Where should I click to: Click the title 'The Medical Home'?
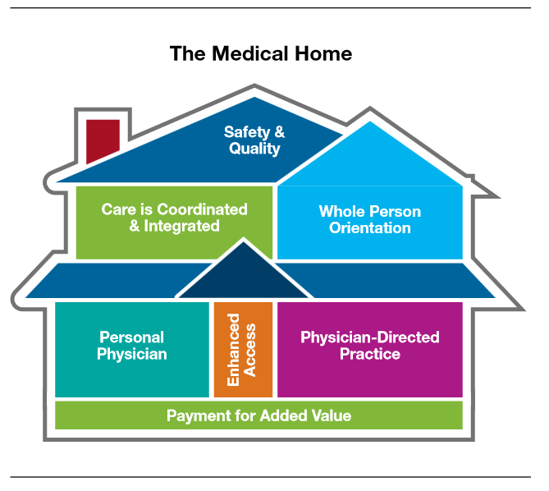click(x=260, y=54)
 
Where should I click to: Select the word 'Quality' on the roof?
click(x=254, y=149)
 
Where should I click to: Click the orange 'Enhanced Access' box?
click(x=243, y=349)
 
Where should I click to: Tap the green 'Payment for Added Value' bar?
click(x=258, y=415)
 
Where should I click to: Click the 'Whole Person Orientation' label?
click(x=369, y=219)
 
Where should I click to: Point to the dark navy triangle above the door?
click(x=243, y=276)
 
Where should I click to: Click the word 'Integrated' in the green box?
click(x=181, y=226)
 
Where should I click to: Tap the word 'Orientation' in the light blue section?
click(x=369, y=227)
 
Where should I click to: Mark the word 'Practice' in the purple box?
click(x=369, y=354)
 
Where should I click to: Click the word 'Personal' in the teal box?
click(x=131, y=337)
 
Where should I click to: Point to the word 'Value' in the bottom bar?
click(x=330, y=415)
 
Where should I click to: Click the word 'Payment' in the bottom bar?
click(x=197, y=415)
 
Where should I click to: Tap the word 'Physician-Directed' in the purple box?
click(x=369, y=337)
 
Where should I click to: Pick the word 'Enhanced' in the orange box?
click(x=234, y=349)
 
